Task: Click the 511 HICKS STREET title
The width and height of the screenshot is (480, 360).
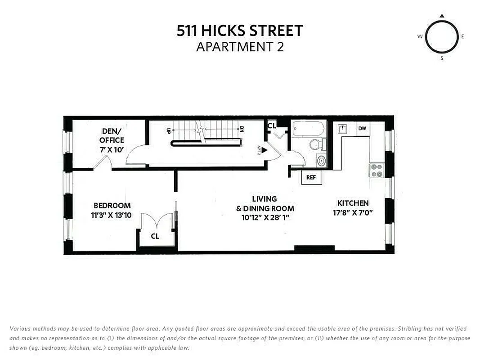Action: pyautogui.click(x=240, y=31)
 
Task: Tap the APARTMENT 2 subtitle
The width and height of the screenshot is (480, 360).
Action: pyautogui.click(x=240, y=46)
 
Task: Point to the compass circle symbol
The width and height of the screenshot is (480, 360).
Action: pyautogui.click(x=441, y=37)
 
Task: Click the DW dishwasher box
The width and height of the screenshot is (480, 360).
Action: pyautogui.click(x=362, y=129)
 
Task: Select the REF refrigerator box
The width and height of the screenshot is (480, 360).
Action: pyautogui.click(x=311, y=177)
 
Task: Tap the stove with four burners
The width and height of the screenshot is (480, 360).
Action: pyautogui.click(x=376, y=170)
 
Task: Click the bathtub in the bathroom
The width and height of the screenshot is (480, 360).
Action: pyautogui.click(x=308, y=129)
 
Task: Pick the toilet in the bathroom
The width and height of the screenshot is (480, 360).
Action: pyautogui.click(x=317, y=144)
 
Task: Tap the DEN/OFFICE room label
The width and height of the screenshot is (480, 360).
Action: pyautogui.click(x=112, y=140)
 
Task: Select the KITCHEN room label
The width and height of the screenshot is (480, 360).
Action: pyautogui.click(x=353, y=203)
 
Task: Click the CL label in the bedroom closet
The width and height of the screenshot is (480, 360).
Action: pyautogui.click(x=155, y=236)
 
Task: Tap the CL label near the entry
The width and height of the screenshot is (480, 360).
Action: pyautogui.click(x=272, y=126)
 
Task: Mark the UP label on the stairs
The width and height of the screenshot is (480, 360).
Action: pyautogui.click(x=169, y=130)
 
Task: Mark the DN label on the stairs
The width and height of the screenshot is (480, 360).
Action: pyautogui.click(x=242, y=129)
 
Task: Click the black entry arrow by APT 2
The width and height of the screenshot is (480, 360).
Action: pyautogui.click(x=265, y=150)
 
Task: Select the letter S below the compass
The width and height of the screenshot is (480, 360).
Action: pyautogui.click(x=442, y=58)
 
